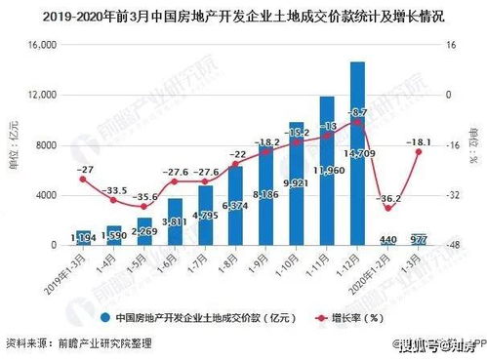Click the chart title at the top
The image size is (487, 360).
(x=243, y=17)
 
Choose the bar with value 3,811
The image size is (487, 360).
(x=175, y=222)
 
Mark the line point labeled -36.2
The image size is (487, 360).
(x=387, y=208)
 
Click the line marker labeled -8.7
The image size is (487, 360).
(x=357, y=123)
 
